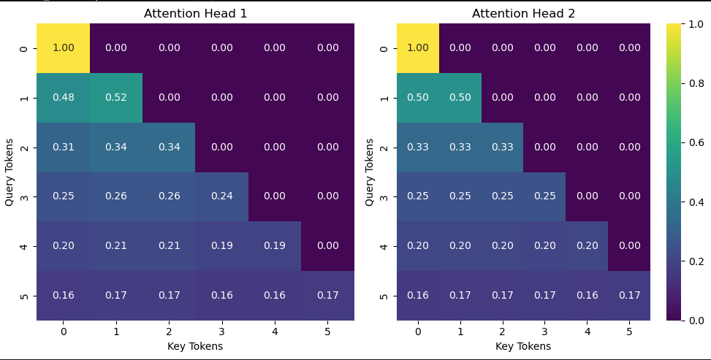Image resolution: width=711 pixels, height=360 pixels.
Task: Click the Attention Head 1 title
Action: point(195,13)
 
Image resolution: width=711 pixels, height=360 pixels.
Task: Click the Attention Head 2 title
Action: point(523,13)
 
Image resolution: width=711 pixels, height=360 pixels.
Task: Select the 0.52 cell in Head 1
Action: point(115,98)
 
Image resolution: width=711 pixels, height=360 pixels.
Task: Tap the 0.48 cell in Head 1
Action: point(64,98)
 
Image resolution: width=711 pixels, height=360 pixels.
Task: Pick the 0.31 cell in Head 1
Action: point(64,147)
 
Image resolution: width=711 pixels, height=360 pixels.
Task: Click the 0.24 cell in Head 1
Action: point(221,196)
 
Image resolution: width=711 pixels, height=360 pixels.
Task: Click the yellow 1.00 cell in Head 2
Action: point(418,48)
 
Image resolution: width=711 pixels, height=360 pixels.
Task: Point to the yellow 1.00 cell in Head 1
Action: point(64,48)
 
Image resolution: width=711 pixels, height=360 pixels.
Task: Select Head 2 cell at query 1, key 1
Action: point(460,98)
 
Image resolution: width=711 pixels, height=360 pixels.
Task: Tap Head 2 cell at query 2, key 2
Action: point(502,147)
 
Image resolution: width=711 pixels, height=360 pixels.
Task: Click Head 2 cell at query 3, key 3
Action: point(544,196)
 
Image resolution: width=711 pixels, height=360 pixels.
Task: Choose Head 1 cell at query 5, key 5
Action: point(328,295)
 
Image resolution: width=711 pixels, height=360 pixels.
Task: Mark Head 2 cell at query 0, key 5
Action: point(628,48)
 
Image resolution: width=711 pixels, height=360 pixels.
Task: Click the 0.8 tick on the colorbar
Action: point(691,83)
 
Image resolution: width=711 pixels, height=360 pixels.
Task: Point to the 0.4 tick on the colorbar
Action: point(691,202)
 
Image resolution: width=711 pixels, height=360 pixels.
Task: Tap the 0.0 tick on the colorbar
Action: point(691,320)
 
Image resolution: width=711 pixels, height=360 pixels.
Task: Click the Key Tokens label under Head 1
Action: point(195,346)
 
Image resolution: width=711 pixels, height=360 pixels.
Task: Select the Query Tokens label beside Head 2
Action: point(370,172)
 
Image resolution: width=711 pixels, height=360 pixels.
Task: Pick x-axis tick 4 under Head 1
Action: point(275,332)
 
